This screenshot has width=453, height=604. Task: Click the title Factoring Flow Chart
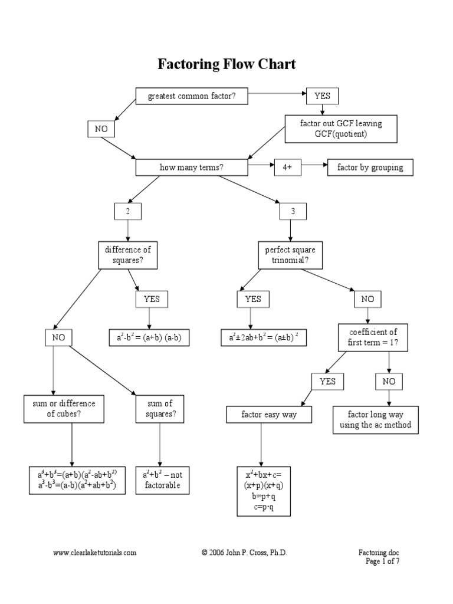tap(226, 64)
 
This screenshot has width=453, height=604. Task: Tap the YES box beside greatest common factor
tap(323, 96)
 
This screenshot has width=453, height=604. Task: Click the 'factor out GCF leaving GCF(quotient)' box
tap(332, 129)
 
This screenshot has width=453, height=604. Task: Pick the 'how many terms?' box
tap(192, 168)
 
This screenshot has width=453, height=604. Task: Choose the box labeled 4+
tap(287, 168)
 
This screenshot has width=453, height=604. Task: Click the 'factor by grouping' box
tap(370, 168)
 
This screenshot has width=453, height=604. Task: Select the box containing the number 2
tap(128, 211)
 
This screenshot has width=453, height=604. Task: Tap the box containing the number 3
tap(293, 211)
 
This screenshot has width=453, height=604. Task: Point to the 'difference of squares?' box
tap(128, 254)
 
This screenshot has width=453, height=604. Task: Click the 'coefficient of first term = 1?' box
tap(373, 337)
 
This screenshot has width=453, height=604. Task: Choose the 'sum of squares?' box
tap(159, 408)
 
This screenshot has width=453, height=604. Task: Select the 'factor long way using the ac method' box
tap(376, 420)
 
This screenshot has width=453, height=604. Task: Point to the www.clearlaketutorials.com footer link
tap(95, 553)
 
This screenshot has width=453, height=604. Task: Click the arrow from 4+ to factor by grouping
tap(314, 168)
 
